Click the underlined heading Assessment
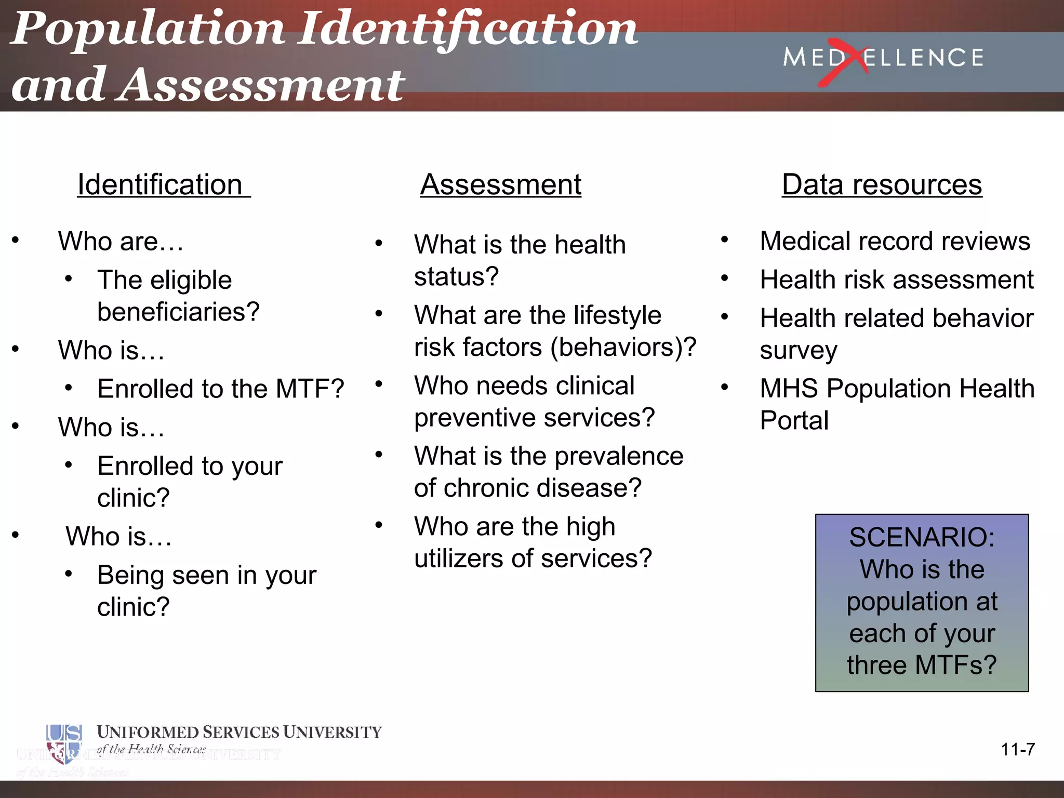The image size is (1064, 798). tap(500, 185)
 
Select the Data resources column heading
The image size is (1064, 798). tap(882, 185)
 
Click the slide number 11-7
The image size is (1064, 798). tap(1017, 749)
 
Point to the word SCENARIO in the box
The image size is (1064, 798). tap(922, 537)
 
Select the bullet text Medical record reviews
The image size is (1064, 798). tap(895, 241)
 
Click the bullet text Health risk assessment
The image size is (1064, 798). tap(897, 280)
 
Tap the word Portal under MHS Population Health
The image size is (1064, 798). tap(794, 420)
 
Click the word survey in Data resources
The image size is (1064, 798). tap(799, 351)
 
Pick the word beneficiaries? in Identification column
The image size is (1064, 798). tap(178, 312)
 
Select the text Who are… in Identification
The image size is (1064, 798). tap(121, 242)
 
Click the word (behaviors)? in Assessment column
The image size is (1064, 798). tap(623, 347)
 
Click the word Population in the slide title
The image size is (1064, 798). tap(148, 29)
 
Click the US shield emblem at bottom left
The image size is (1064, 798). tap(64, 743)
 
